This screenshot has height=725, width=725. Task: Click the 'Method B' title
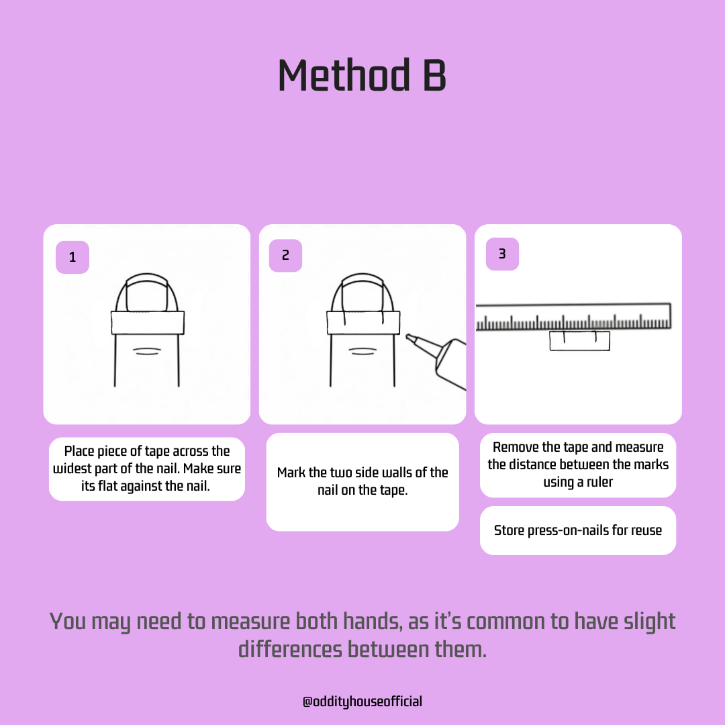362,75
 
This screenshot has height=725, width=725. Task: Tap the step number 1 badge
72,257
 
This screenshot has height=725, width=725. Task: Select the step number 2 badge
286,255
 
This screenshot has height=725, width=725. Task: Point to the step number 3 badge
503,254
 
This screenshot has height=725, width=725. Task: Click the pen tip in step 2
408,336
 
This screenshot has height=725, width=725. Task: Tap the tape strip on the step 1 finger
148,322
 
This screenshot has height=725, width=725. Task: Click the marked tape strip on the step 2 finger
363,322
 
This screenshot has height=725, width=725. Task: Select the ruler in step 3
573,317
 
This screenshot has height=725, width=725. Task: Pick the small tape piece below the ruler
580,341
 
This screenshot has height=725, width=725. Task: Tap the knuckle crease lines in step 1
147,351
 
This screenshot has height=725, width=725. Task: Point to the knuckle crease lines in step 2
363,351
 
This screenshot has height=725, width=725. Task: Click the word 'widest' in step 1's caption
72,469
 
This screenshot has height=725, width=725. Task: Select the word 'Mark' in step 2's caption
291,473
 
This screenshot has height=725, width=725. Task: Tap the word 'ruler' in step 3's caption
599,482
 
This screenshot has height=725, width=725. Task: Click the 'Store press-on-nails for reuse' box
578,530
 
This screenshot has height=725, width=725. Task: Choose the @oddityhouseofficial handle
362,702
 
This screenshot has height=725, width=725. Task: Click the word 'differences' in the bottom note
291,649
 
